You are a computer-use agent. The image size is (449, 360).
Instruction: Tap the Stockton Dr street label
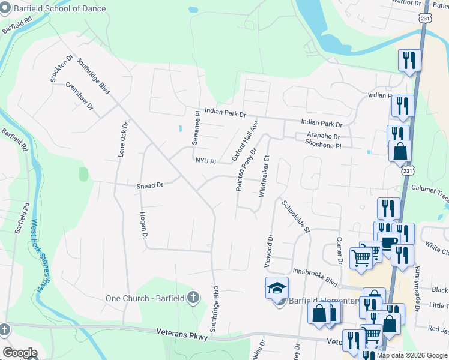click(57, 70)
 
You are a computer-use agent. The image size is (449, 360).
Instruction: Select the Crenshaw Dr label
click(80, 95)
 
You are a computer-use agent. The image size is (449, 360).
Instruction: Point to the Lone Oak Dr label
click(124, 140)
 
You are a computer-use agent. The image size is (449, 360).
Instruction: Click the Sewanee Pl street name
click(195, 128)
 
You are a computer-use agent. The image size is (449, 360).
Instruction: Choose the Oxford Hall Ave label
click(245, 141)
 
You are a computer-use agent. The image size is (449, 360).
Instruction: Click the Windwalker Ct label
click(264, 176)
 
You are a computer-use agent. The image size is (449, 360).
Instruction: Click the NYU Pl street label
click(205, 160)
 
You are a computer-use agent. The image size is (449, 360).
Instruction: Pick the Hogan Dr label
click(143, 225)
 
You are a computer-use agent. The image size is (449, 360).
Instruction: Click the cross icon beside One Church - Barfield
click(193, 296)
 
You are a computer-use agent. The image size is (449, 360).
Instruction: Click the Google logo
click(20, 353)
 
